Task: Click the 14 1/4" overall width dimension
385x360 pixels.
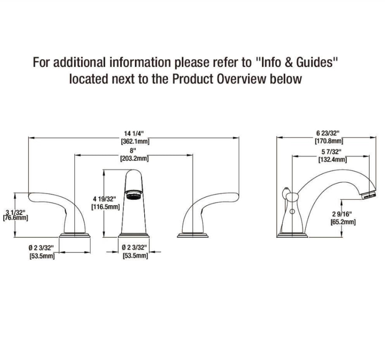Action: pyautogui.click(x=134, y=133)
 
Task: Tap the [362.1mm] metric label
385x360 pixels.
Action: pyautogui.click(x=135, y=141)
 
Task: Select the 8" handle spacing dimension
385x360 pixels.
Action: pyautogui.click(x=133, y=150)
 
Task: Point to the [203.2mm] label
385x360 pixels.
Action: pyautogui.click(x=134, y=158)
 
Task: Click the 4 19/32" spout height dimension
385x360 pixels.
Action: pyautogui.click(x=104, y=199)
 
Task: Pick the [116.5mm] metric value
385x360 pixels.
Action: pyautogui.click(x=106, y=207)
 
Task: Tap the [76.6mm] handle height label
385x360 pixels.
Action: pyautogui.click(x=16, y=218)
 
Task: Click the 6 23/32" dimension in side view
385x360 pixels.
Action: pyautogui.click(x=328, y=133)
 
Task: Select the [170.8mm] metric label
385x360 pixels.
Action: pyautogui.click(x=329, y=141)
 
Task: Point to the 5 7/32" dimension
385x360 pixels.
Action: pyautogui.click(x=331, y=152)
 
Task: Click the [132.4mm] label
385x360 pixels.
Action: pyautogui.click(x=333, y=160)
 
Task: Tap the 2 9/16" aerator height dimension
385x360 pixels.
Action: pyautogui.click(x=342, y=214)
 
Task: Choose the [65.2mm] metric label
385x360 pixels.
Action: pyautogui.click(x=343, y=222)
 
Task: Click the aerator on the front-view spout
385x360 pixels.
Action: pyautogui.click(x=134, y=194)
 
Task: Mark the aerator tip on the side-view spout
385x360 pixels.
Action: pyautogui.click(x=368, y=195)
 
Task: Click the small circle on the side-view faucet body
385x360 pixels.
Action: pyautogui.click(x=292, y=212)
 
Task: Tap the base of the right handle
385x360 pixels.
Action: pyautogui.click(x=193, y=235)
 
